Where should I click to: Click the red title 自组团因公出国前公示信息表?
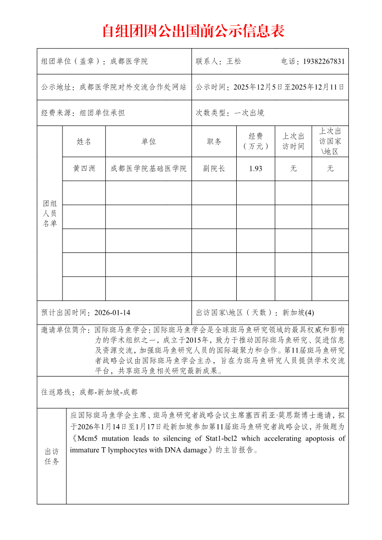[193, 31]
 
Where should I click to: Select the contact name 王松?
[234, 62]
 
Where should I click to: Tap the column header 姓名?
[84, 141]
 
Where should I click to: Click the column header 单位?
[148, 141]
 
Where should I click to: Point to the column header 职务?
[214, 141]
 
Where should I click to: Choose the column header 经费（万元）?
[255, 141]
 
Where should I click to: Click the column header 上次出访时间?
[293, 141]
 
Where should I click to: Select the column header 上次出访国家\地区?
[330, 141]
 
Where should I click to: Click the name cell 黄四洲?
[84, 169]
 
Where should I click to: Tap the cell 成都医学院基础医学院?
[148, 169]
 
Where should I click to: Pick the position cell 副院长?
[214, 169]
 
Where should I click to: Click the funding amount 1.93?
[255, 169]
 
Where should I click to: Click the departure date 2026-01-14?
[113, 313]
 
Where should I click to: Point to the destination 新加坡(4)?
[298, 313]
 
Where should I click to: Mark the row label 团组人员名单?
[50, 213]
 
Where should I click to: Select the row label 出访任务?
[51, 457]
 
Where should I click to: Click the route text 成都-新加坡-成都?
[108, 392]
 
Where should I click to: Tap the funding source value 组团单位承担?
[102, 113]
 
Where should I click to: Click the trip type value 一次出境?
[249, 113]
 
